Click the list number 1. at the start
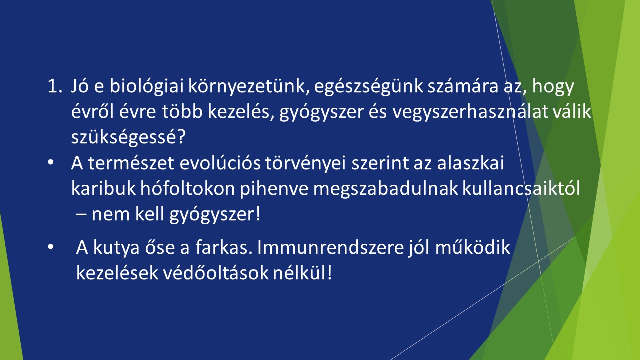pyautogui.click(x=55, y=86)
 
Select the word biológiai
pyautogui.click(x=146, y=86)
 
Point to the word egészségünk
pyautogui.click(x=368, y=86)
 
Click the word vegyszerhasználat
pyautogui.click(x=469, y=112)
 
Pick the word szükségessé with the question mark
pyautogui.click(x=128, y=137)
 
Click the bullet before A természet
pyautogui.click(x=51, y=162)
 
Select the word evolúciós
pyautogui.click(x=220, y=163)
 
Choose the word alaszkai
pyautogui.click(x=471, y=163)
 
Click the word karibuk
pyautogui.click(x=103, y=189)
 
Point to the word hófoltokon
pyautogui.click(x=187, y=189)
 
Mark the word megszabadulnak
pyautogui.click(x=385, y=189)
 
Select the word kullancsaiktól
pyautogui.click(x=521, y=189)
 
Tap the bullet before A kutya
pyautogui.click(x=51, y=247)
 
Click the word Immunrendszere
pyautogui.click(x=331, y=247)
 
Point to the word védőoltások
pyautogui.click(x=216, y=273)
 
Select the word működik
pyautogui.click(x=473, y=247)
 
